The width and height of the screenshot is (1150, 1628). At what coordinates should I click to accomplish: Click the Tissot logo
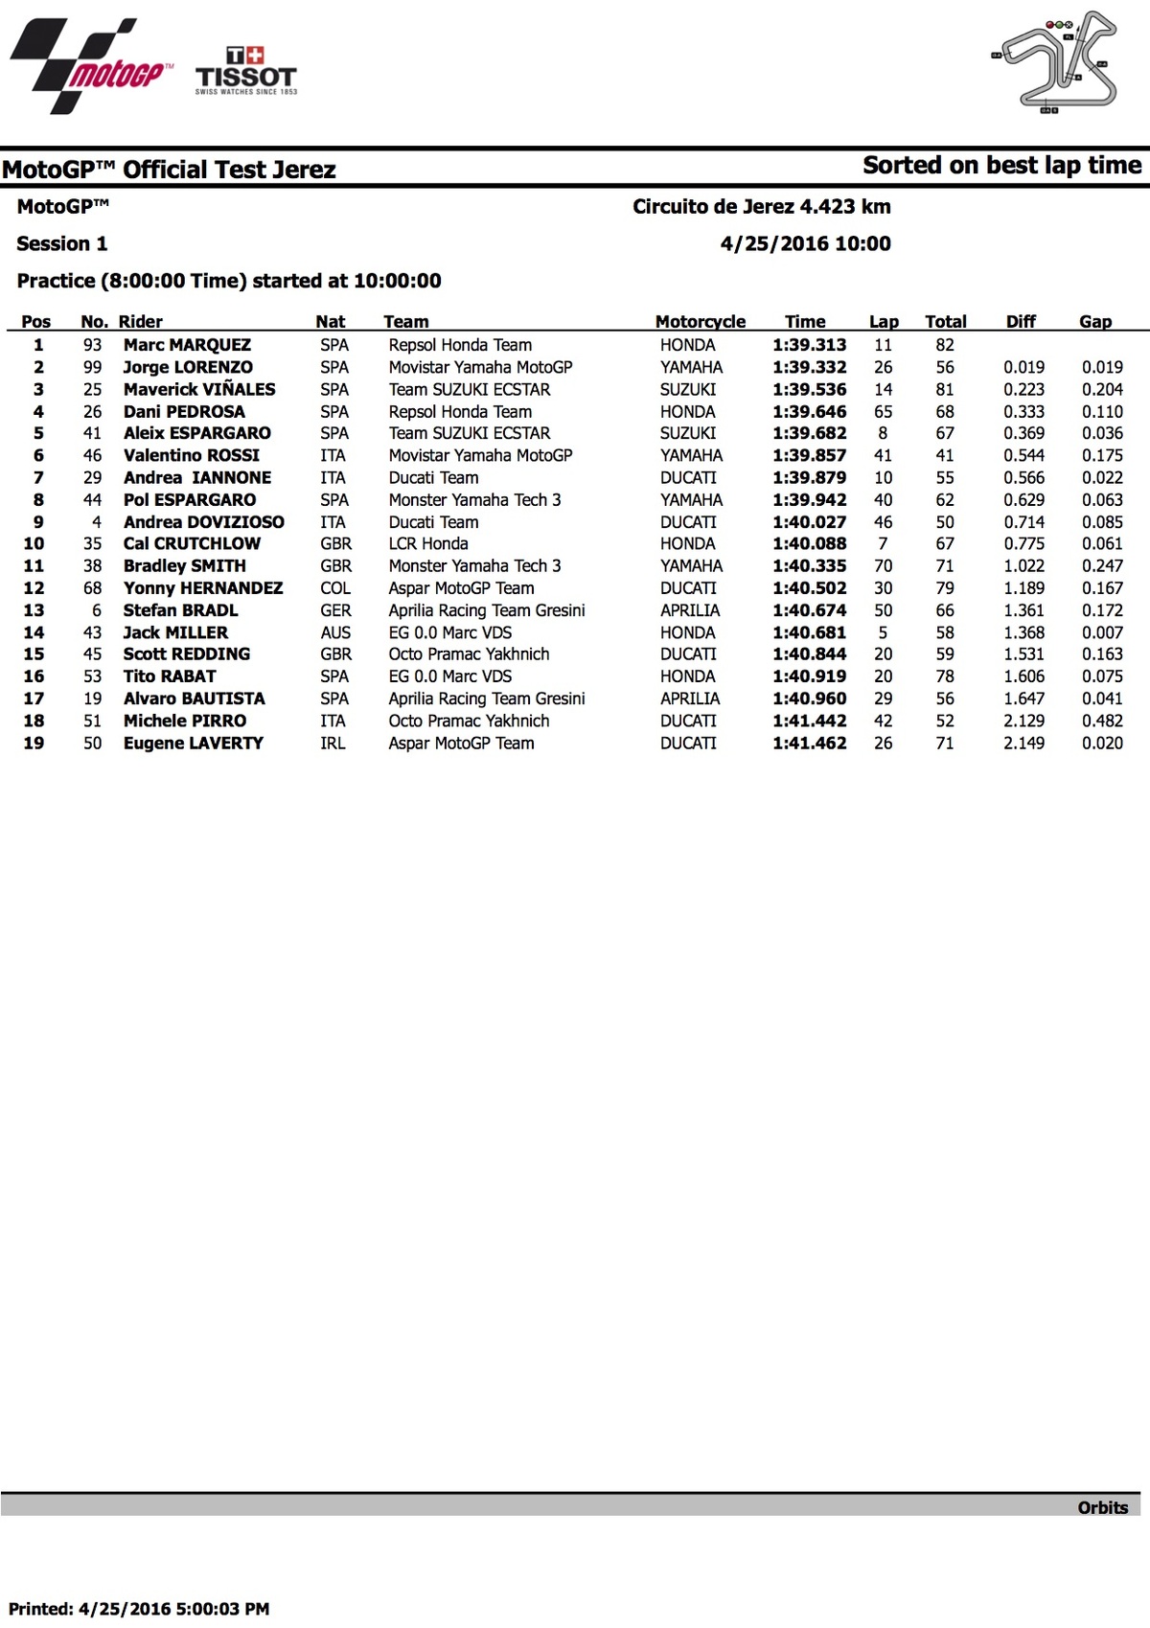(246, 72)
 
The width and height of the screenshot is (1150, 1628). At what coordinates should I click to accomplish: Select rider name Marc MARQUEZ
(187, 345)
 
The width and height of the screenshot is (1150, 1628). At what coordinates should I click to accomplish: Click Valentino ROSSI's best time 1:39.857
(810, 455)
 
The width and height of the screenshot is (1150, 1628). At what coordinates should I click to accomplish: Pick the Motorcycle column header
(700, 322)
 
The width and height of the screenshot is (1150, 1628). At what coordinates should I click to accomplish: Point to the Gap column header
(1095, 322)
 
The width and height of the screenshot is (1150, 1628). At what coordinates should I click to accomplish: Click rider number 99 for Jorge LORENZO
(92, 367)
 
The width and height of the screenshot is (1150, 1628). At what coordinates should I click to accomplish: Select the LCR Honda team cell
(428, 543)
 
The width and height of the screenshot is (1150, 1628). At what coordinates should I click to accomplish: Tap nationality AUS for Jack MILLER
(335, 632)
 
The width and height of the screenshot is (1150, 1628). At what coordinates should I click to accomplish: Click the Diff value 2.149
(1023, 743)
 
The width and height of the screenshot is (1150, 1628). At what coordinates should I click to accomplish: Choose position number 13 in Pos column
(34, 610)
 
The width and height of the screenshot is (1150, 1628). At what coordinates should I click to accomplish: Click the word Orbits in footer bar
(1102, 1507)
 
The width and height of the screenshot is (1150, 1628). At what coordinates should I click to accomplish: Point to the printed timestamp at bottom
(139, 1609)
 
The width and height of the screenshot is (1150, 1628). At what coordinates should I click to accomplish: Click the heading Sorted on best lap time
(1001, 166)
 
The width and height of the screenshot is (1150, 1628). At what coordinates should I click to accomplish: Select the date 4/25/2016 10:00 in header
(805, 243)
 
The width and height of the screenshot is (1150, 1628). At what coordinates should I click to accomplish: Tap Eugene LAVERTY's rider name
(193, 743)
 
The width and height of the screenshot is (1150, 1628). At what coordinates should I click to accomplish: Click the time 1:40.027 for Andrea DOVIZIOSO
(810, 522)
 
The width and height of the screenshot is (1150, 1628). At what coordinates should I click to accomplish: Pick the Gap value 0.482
(1102, 721)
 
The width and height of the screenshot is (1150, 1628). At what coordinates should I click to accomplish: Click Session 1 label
(62, 243)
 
